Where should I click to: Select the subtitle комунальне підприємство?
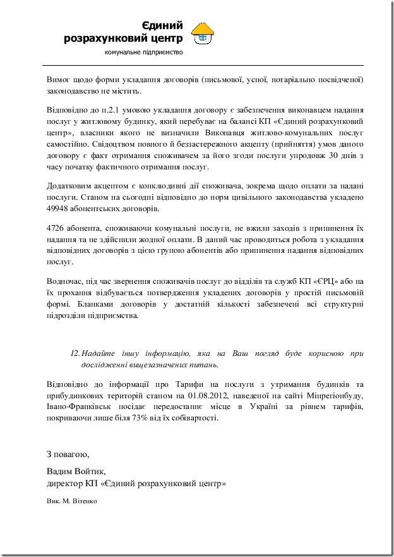point(144,52)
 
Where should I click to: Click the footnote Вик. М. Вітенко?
point(72,499)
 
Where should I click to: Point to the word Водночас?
point(65,281)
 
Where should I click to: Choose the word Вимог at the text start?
point(61,80)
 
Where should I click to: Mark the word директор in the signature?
point(65,484)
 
